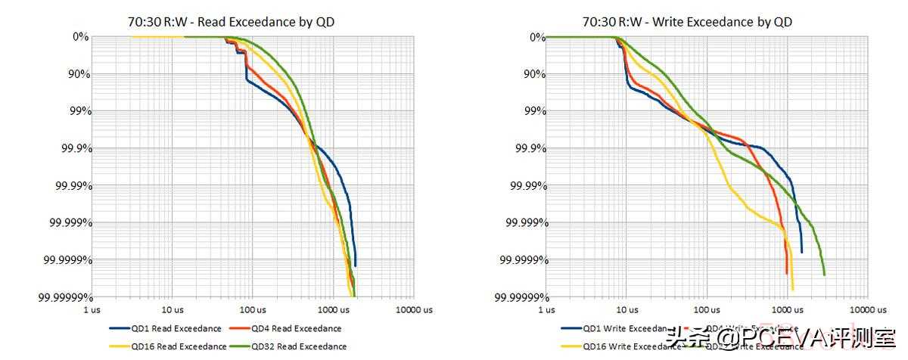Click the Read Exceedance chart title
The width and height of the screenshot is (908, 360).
pyautogui.click(x=231, y=22)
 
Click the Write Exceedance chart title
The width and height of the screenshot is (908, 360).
pyautogui.click(x=688, y=22)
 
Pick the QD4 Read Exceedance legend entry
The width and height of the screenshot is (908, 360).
pyautogui.click(x=296, y=329)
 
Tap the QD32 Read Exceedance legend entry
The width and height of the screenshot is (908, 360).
pyautogui.click(x=298, y=347)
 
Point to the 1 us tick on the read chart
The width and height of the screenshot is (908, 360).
pyautogui.click(x=92, y=310)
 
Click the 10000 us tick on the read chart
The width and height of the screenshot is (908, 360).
pyautogui.click(x=414, y=310)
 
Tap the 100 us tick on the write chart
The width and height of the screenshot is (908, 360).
pyautogui.click(x=706, y=310)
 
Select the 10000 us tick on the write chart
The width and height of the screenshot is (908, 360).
pyautogui.click(x=868, y=310)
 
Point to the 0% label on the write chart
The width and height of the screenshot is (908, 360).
pyautogui.click(x=536, y=36)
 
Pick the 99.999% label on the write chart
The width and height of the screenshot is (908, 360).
pyautogui.click(x=523, y=222)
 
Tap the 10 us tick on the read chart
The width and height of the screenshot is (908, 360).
pyautogui.click(x=172, y=310)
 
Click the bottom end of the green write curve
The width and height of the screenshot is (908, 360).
pyautogui.click(x=823, y=274)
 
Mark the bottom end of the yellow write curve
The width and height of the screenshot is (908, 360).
pyautogui.click(x=792, y=289)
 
